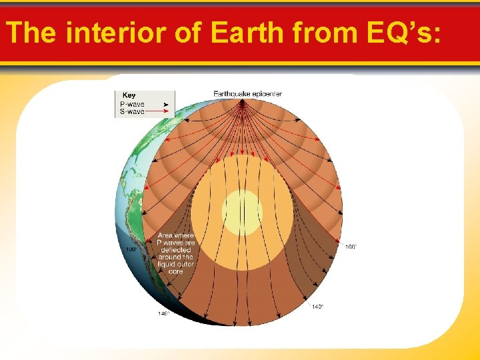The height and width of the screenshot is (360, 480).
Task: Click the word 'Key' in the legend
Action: point(129,95)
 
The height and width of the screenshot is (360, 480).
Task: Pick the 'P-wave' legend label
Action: point(131,104)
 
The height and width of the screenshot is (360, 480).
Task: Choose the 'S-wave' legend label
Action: point(131,111)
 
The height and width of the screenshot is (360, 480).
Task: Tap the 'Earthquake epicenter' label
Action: point(247,93)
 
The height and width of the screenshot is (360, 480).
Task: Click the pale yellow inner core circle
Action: point(242,213)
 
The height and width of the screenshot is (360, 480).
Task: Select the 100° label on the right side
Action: point(351,247)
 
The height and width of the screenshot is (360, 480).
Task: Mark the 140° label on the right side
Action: point(317,307)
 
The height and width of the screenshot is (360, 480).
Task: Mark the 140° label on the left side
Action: point(163,313)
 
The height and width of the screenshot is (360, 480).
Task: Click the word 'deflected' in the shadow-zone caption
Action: point(175,250)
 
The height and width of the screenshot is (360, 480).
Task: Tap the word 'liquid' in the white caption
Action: point(167,265)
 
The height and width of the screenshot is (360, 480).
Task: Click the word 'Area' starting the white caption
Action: point(165,235)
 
